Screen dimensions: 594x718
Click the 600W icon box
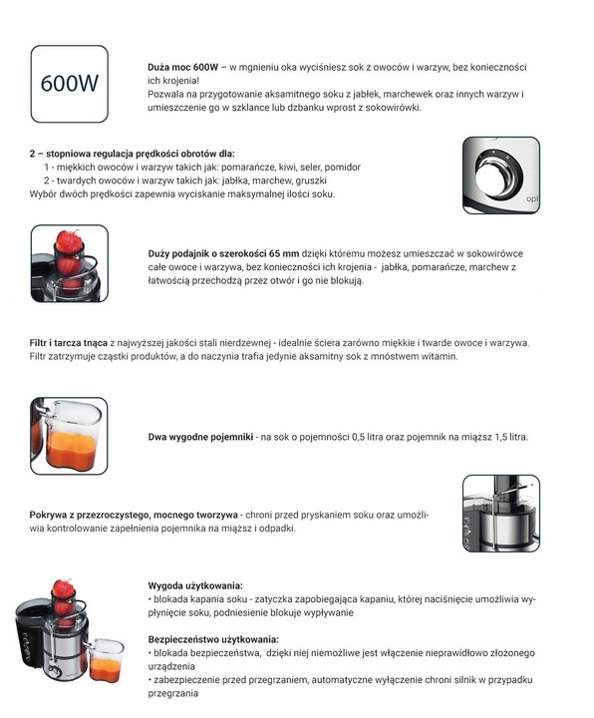point(69,82)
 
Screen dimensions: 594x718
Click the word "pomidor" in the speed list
point(344,168)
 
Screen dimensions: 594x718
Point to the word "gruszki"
point(311,180)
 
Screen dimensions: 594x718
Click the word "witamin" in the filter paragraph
point(439,356)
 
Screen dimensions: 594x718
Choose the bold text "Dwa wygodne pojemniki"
point(200,437)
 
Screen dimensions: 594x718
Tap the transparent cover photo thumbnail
point(500,513)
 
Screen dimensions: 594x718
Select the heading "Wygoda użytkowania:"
point(195,585)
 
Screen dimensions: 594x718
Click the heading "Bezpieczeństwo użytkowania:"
point(213,639)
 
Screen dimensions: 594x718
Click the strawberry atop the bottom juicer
point(63,589)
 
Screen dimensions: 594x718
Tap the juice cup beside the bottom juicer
point(105,661)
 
